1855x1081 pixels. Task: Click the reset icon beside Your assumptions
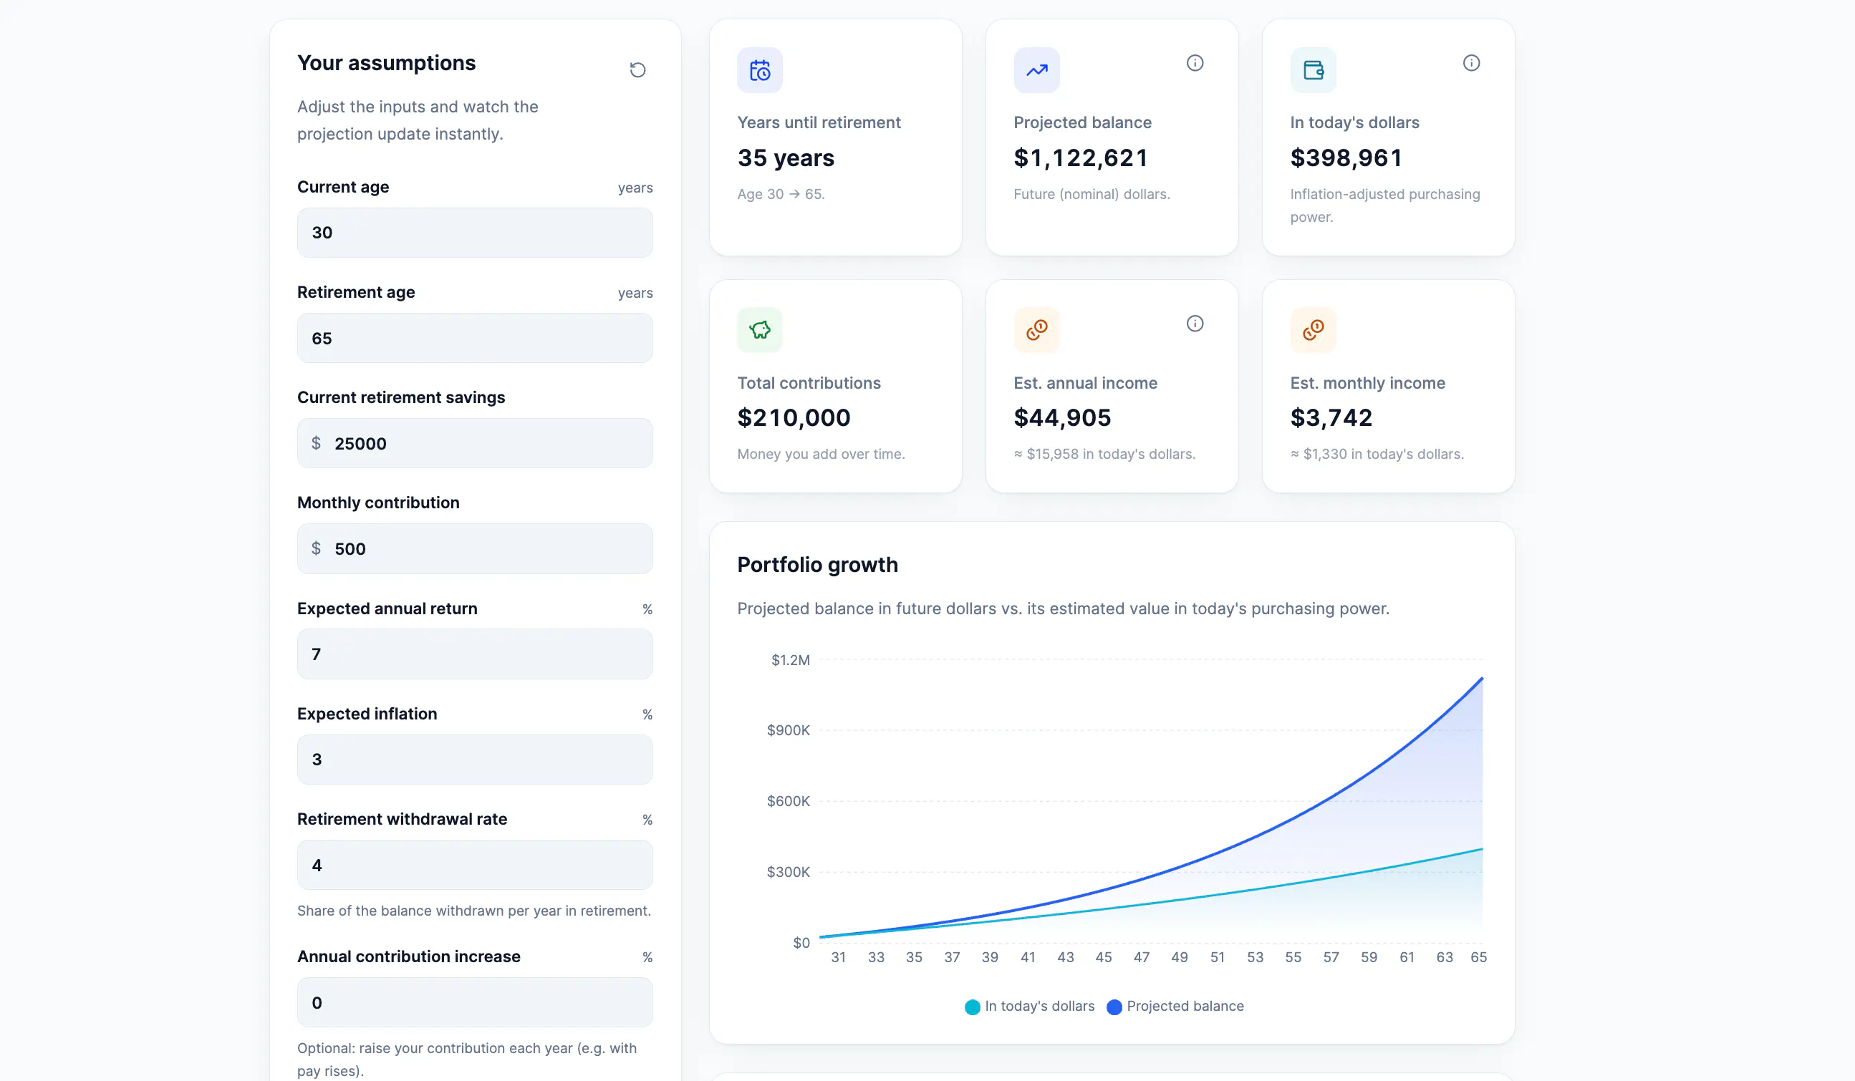tap(637, 69)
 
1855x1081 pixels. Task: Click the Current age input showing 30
tap(475, 233)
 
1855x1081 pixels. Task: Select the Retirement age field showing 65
tap(475, 338)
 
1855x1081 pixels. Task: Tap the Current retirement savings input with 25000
tap(475, 443)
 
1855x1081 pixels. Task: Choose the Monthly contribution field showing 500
tap(475, 548)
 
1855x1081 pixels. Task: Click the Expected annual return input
tap(475, 654)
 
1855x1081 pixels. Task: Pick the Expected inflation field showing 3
tap(475, 759)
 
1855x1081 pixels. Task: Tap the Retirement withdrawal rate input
tap(475, 865)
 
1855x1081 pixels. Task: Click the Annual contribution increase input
tap(475, 1002)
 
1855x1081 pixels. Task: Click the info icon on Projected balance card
tap(1195, 62)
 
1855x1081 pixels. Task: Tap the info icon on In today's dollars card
tap(1472, 62)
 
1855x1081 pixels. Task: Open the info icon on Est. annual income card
tap(1195, 323)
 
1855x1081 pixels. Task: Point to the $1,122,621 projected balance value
tap(1081, 157)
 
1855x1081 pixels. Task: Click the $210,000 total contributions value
tap(794, 417)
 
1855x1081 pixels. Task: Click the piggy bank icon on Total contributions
tap(760, 330)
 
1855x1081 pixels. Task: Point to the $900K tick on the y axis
tap(789, 730)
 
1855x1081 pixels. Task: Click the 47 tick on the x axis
tap(1142, 956)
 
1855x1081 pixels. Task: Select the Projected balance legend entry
tap(1175, 1006)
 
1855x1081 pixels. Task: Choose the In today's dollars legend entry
tap(1030, 1006)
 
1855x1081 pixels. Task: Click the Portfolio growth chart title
tap(818, 564)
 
